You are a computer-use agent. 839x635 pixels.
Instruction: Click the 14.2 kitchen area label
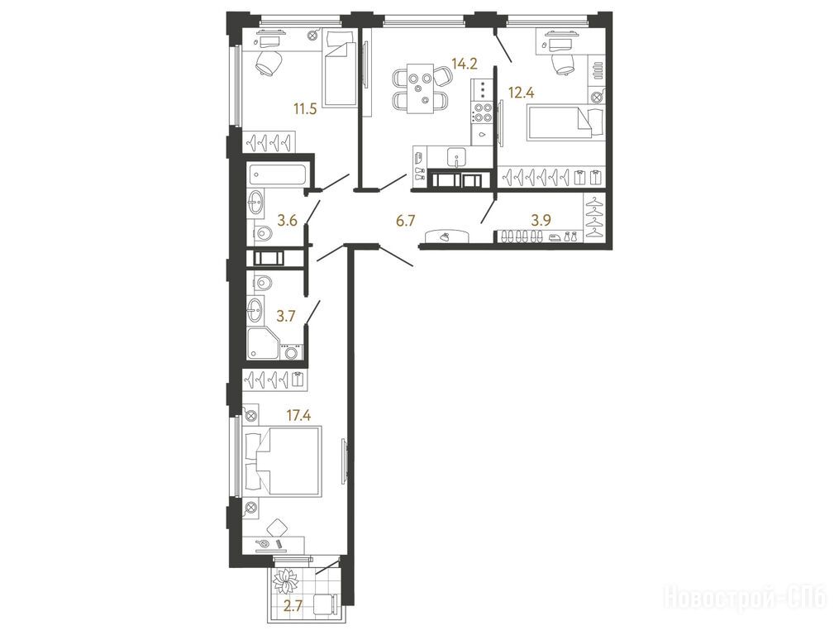coord(464,64)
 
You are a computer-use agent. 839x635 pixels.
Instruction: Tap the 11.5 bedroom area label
coord(305,109)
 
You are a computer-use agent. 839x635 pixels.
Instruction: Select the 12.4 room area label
coord(521,93)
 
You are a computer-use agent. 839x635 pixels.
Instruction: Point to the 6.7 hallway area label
coord(404,220)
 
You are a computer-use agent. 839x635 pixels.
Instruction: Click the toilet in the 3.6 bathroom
coord(262,233)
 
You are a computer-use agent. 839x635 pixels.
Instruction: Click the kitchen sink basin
coord(456,158)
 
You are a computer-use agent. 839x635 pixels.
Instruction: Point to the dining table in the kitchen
coord(420,88)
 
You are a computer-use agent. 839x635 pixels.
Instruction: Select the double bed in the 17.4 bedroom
coord(283,460)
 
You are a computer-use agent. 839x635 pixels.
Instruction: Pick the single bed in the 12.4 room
coord(565,123)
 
